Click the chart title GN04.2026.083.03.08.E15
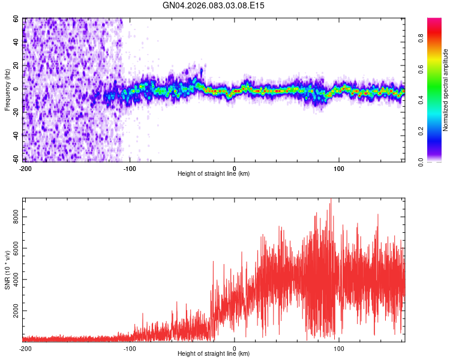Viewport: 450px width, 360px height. [x=214, y=5]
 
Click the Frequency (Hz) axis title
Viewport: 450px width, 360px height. [x=8, y=90]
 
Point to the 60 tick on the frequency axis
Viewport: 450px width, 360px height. [x=16, y=19]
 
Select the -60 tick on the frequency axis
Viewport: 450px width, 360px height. [x=15, y=159]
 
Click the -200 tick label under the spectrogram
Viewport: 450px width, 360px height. [x=25, y=168]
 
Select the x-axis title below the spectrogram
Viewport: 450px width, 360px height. [x=214, y=174]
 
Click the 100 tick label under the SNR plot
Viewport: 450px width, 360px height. [x=340, y=348]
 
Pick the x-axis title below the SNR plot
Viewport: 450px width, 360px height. [x=214, y=354]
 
